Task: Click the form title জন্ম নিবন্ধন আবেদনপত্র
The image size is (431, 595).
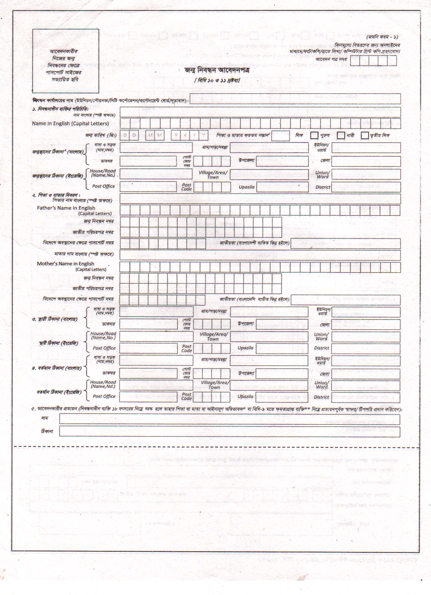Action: click(217, 70)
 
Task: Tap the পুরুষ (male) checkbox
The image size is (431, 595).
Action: click(314, 135)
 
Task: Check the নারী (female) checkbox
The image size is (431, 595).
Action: click(341, 135)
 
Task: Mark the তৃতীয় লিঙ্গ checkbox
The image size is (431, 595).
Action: click(365, 135)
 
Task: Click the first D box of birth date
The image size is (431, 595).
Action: click(125, 135)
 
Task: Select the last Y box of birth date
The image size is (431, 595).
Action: click(203, 135)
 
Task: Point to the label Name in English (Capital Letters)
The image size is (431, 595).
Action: click(70, 124)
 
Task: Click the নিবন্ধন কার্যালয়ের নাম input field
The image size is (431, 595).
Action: click(295, 99)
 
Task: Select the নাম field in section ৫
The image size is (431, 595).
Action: click(229, 419)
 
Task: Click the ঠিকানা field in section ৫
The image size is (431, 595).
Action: click(229, 431)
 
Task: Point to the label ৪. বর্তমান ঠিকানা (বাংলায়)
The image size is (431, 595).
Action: click(56, 368)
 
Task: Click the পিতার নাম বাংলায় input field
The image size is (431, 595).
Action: click(260, 199)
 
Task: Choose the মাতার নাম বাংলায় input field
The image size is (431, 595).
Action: click(260, 255)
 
